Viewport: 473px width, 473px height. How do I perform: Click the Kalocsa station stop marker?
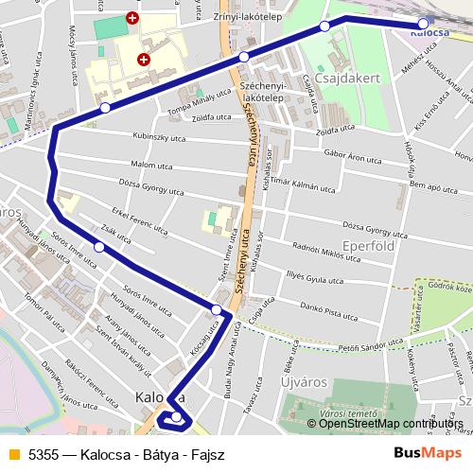(x=423, y=24)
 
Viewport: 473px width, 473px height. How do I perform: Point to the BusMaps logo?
(x=421, y=453)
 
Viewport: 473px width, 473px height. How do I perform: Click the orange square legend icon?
(x=12, y=453)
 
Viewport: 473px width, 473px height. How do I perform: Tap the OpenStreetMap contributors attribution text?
(x=392, y=423)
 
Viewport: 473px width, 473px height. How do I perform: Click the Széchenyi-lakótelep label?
(x=263, y=90)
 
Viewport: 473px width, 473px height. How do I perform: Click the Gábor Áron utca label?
(x=349, y=152)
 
